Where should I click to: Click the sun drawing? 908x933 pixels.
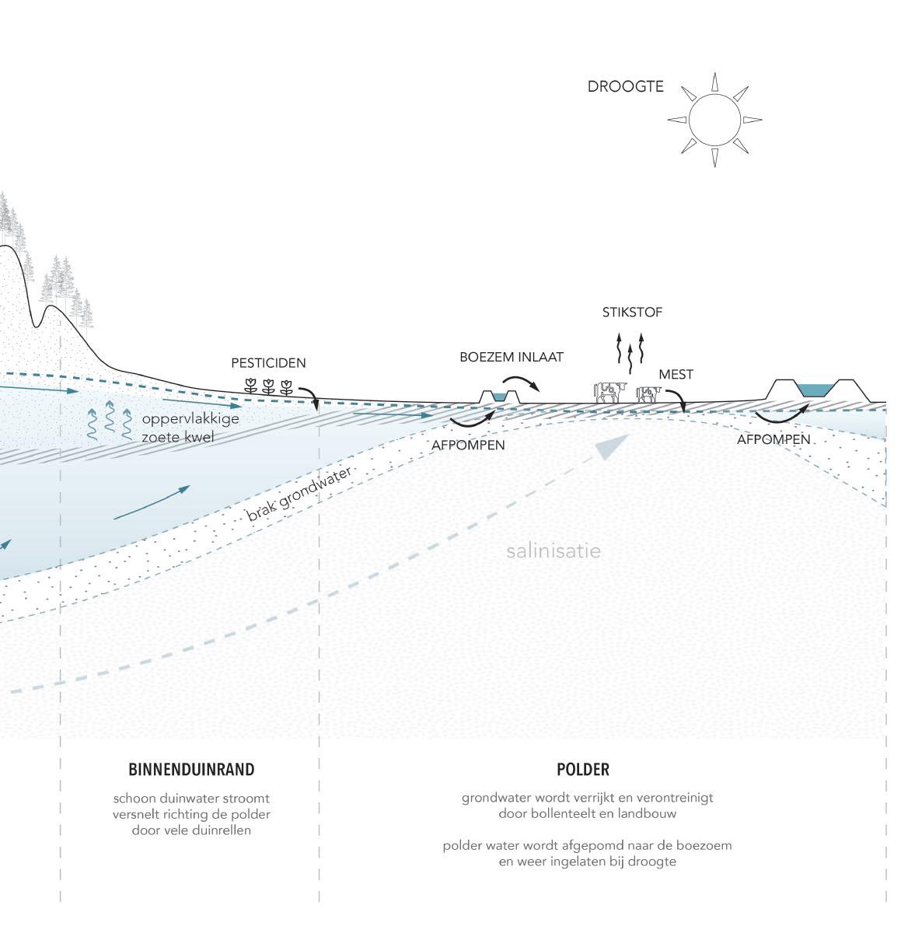tap(714, 120)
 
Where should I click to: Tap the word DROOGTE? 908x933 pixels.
tap(625, 87)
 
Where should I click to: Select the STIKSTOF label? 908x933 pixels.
tap(632, 313)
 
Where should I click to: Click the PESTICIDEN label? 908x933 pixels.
tap(268, 363)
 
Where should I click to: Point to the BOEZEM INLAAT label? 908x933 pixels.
tap(511, 357)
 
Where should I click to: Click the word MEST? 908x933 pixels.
tap(676, 374)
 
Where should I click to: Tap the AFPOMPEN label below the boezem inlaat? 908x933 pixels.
tap(468, 446)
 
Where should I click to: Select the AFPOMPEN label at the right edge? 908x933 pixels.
tap(774, 439)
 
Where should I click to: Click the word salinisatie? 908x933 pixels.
tap(554, 551)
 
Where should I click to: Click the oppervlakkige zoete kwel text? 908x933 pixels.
tap(190, 428)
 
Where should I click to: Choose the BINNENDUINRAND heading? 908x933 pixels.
tap(191, 770)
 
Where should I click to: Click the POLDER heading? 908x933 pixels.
tap(582, 770)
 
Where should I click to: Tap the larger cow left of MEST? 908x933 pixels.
tap(609, 391)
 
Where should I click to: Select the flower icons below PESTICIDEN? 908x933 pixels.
tap(268, 386)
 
